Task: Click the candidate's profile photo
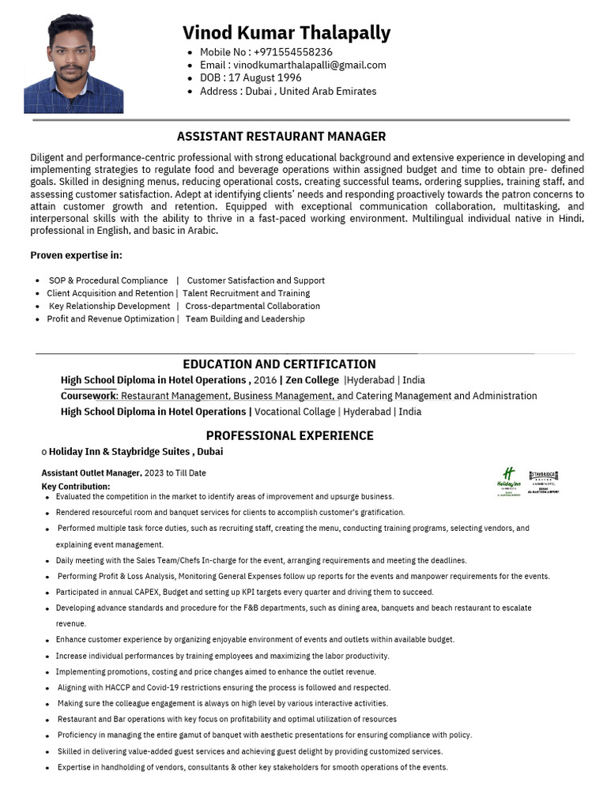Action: pyautogui.click(x=74, y=64)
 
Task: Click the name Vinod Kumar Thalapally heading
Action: pyautogui.click(x=286, y=32)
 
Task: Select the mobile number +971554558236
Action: pyautogui.click(x=292, y=52)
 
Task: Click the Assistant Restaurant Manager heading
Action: pyautogui.click(x=281, y=136)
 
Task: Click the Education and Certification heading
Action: pyautogui.click(x=279, y=364)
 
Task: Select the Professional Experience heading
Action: pyautogui.click(x=289, y=435)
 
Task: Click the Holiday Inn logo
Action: pyautogui.click(x=508, y=480)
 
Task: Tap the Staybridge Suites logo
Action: pyautogui.click(x=544, y=480)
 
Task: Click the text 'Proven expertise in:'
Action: pyautogui.click(x=76, y=255)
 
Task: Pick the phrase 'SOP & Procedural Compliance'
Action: pyautogui.click(x=108, y=280)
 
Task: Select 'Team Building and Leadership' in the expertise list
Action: pyautogui.click(x=245, y=319)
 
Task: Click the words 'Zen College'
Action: pyautogui.click(x=311, y=380)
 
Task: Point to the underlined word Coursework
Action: pyautogui.click(x=89, y=396)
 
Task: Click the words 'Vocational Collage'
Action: pyautogui.click(x=295, y=412)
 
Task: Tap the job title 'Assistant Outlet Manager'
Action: pyautogui.click(x=90, y=473)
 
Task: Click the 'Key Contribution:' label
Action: pyautogui.click(x=76, y=486)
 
